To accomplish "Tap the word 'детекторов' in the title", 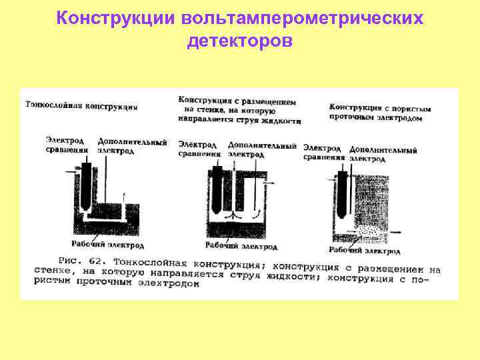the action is pos(240,41).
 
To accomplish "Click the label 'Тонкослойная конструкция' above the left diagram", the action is pos(82,105).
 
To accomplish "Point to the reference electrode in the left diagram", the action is pos(87,180).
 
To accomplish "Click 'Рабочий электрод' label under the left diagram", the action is pos(108,245).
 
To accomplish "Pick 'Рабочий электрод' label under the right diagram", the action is pos(364,251).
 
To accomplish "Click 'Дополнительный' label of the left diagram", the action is pos(132,141).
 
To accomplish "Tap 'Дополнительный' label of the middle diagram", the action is pos(262,145).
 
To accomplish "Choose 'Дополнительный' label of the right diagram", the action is pos(383,150).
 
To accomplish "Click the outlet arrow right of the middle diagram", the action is pos(271,182).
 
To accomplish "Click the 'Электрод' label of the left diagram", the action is pos(65,140).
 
